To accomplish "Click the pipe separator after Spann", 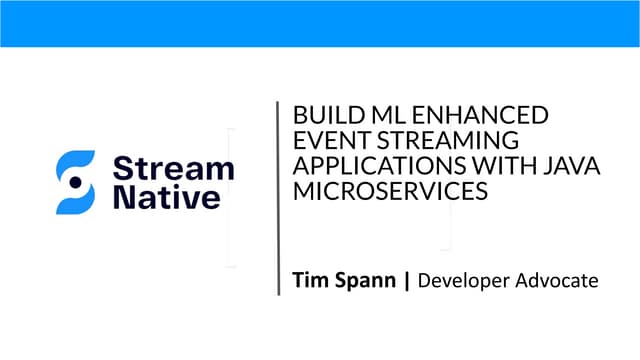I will [x=406, y=281].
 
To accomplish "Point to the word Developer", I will [x=463, y=282].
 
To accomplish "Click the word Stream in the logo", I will [x=173, y=167].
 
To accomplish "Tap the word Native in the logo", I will [x=165, y=196].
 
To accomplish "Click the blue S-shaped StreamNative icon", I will [x=75, y=182].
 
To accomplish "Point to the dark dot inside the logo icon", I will [x=75, y=182].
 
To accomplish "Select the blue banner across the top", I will [x=320, y=23].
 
